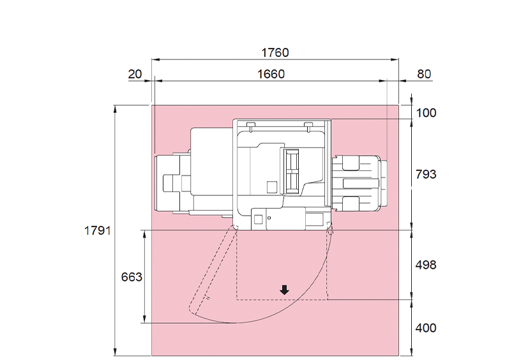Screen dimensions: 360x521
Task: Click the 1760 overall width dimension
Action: click(x=275, y=52)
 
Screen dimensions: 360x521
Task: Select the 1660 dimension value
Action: click(x=271, y=74)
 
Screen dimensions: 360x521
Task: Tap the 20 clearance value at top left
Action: click(x=135, y=74)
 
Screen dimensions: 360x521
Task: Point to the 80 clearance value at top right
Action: click(x=424, y=74)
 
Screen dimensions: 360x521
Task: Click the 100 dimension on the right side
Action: click(x=426, y=113)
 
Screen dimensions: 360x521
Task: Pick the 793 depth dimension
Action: click(x=426, y=174)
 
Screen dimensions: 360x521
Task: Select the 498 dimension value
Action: click(x=426, y=264)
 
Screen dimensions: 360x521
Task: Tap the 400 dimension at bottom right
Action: click(x=426, y=328)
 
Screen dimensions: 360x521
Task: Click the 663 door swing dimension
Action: click(x=132, y=277)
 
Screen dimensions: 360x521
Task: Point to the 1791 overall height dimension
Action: click(x=98, y=230)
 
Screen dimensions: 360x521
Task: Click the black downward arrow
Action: click(x=284, y=290)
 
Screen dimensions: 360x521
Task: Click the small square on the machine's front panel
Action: click(x=258, y=219)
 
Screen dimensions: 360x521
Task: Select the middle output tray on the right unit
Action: click(x=361, y=184)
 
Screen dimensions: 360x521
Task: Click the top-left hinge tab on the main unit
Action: click(x=250, y=123)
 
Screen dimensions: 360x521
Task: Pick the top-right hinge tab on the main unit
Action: click(x=308, y=123)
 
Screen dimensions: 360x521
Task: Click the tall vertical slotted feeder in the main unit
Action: click(x=292, y=170)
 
